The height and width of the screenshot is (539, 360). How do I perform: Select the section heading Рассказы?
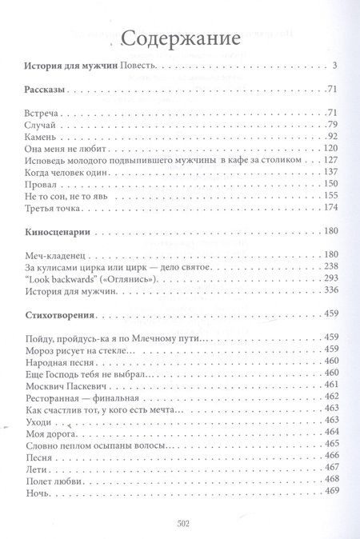(46, 89)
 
